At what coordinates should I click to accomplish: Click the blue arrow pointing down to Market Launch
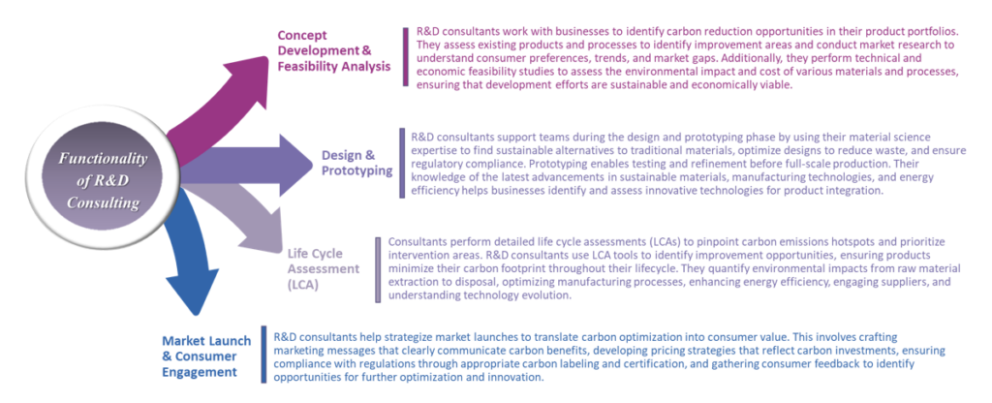coord(189,253)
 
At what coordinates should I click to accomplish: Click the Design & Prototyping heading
coord(356,163)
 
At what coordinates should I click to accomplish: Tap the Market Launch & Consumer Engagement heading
coord(206,356)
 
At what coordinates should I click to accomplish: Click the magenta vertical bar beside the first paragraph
coord(406,57)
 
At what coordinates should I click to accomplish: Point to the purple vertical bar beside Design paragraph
coord(402,163)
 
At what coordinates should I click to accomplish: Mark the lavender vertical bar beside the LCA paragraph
coord(378,269)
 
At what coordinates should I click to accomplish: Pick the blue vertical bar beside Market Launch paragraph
coord(263,355)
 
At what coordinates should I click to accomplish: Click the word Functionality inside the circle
coord(103,158)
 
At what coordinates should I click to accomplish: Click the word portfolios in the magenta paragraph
coord(937,31)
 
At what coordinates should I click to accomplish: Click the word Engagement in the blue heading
coord(200,371)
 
